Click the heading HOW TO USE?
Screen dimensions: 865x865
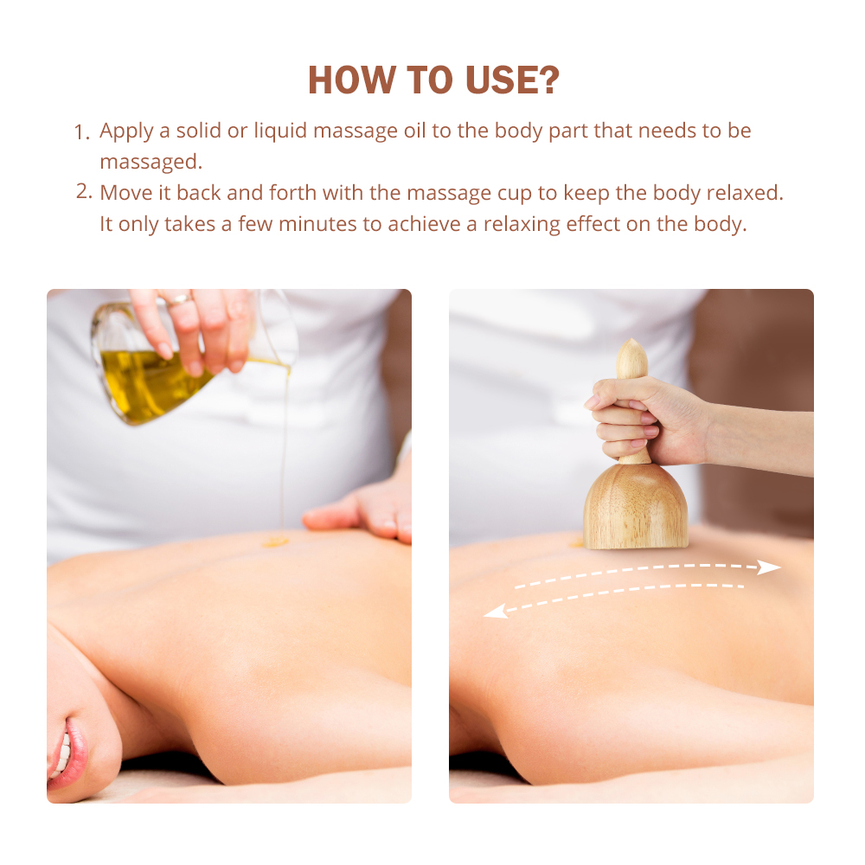coord(432,80)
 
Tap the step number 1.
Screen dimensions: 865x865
coord(82,133)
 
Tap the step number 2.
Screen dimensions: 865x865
coord(83,192)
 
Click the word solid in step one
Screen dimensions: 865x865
coord(200,131)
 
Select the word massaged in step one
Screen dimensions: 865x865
coord(149,163)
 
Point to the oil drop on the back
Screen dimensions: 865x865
coord(275,541)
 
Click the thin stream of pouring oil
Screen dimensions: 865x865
coord(284,450)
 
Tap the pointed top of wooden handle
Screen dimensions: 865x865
coord(632,350)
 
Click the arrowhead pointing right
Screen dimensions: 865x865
coord(769,567)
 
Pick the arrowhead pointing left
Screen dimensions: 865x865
coord(496,612)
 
